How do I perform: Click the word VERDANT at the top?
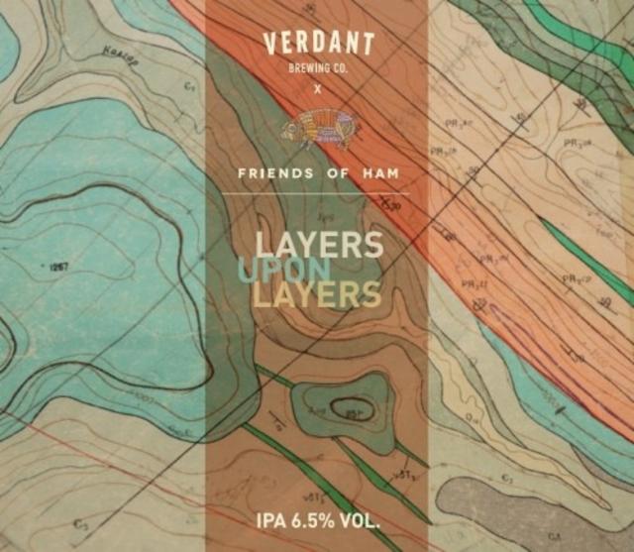pyautogui.click(x=318, y=44)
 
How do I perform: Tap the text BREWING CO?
pyautogui.click(x=317, y=68)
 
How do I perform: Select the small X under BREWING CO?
pyautogui.click(x=317, y=89)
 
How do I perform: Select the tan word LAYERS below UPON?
pyautogui.click(x=317, y=294)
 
